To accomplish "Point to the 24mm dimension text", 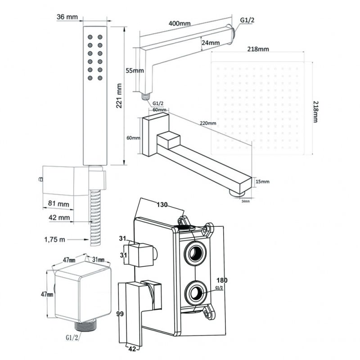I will (211, 43).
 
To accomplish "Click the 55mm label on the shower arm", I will (135, 71).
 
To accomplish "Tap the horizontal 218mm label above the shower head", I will (257, 49).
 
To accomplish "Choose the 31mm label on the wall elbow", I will (98, 260).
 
